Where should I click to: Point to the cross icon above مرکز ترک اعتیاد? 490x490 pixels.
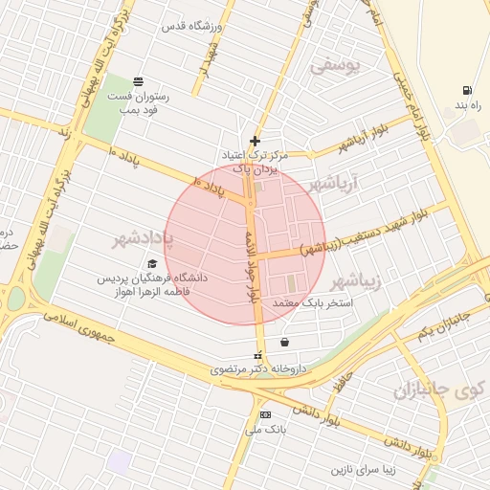tap(254, 141)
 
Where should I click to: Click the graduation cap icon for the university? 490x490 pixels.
tap(151, 264)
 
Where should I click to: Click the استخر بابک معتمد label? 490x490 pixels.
tap(313, 302)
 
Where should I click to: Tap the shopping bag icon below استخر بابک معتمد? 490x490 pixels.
tap(284, 342)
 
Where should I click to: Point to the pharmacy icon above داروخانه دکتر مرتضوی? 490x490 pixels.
tap(256, 355)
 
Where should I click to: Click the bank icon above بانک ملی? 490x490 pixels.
tap(264, 414)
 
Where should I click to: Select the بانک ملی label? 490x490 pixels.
tap(265, 430)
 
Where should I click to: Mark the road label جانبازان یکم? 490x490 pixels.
tap(444, 323)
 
